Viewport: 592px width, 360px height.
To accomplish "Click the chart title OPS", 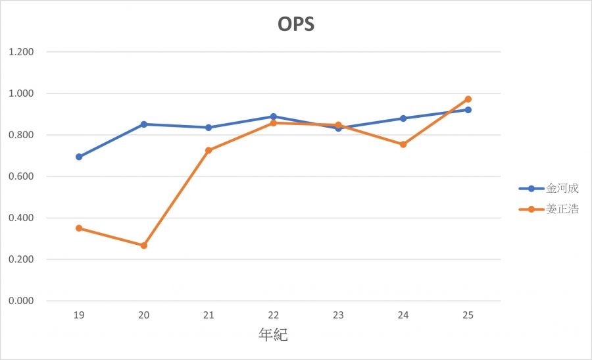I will point(295,24).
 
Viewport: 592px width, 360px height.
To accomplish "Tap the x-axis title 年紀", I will point(273,335).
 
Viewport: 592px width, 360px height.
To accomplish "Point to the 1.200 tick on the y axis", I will point(22,52).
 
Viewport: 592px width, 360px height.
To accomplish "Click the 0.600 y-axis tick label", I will point(22,176).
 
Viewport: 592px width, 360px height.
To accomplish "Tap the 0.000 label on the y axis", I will point(22,301).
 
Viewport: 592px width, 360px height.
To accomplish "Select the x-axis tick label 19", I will point(79,315).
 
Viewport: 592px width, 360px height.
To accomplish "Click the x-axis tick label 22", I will point(273,315).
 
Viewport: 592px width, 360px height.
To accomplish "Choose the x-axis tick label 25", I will point(468,315).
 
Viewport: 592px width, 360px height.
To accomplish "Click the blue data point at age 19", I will point(79,157).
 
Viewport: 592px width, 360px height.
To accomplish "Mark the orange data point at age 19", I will point(79,228).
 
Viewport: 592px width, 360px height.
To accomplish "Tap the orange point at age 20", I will point(143,245).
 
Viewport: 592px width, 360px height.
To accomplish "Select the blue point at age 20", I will point(143,124).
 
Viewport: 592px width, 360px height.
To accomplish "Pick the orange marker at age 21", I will point(209,151).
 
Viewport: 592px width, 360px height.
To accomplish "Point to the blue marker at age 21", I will point(209,128).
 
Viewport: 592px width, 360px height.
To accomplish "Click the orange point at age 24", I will point(403,144).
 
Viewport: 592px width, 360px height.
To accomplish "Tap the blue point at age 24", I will point(403,118).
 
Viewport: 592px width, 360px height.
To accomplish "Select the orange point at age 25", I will point(468,99).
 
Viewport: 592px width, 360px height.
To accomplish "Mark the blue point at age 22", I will point(273,116).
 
